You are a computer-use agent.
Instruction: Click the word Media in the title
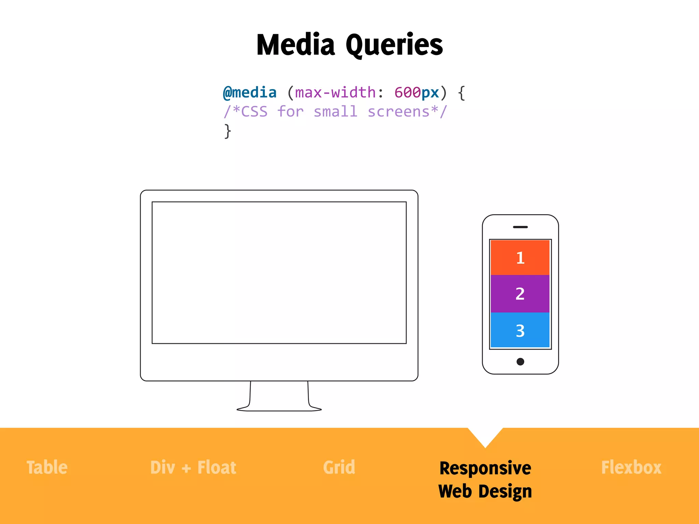point(296,45)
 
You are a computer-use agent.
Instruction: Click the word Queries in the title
point(394,46)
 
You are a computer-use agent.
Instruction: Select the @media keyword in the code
point(249,93)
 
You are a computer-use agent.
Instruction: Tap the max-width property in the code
point(335,93)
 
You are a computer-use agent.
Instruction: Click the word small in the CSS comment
point(336,112)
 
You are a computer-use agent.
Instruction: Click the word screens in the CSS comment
point(398,112)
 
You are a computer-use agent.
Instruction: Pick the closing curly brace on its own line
point(227,131)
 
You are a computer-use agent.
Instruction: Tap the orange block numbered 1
point(520,258)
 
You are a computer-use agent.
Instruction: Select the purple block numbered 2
point(520,294)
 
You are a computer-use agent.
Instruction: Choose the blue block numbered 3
point(520,330)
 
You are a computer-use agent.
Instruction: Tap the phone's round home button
point(520,362)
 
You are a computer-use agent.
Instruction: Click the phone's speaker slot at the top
point(520,227)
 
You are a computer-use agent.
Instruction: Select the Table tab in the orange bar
point(47,467)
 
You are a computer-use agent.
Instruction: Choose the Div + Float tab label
point(193,467)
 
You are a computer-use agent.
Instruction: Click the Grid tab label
point(339,467)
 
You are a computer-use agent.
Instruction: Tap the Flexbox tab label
point(631,467)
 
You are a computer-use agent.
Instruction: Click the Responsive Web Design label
point(485,479)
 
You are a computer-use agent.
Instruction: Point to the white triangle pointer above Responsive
point(485,436)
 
